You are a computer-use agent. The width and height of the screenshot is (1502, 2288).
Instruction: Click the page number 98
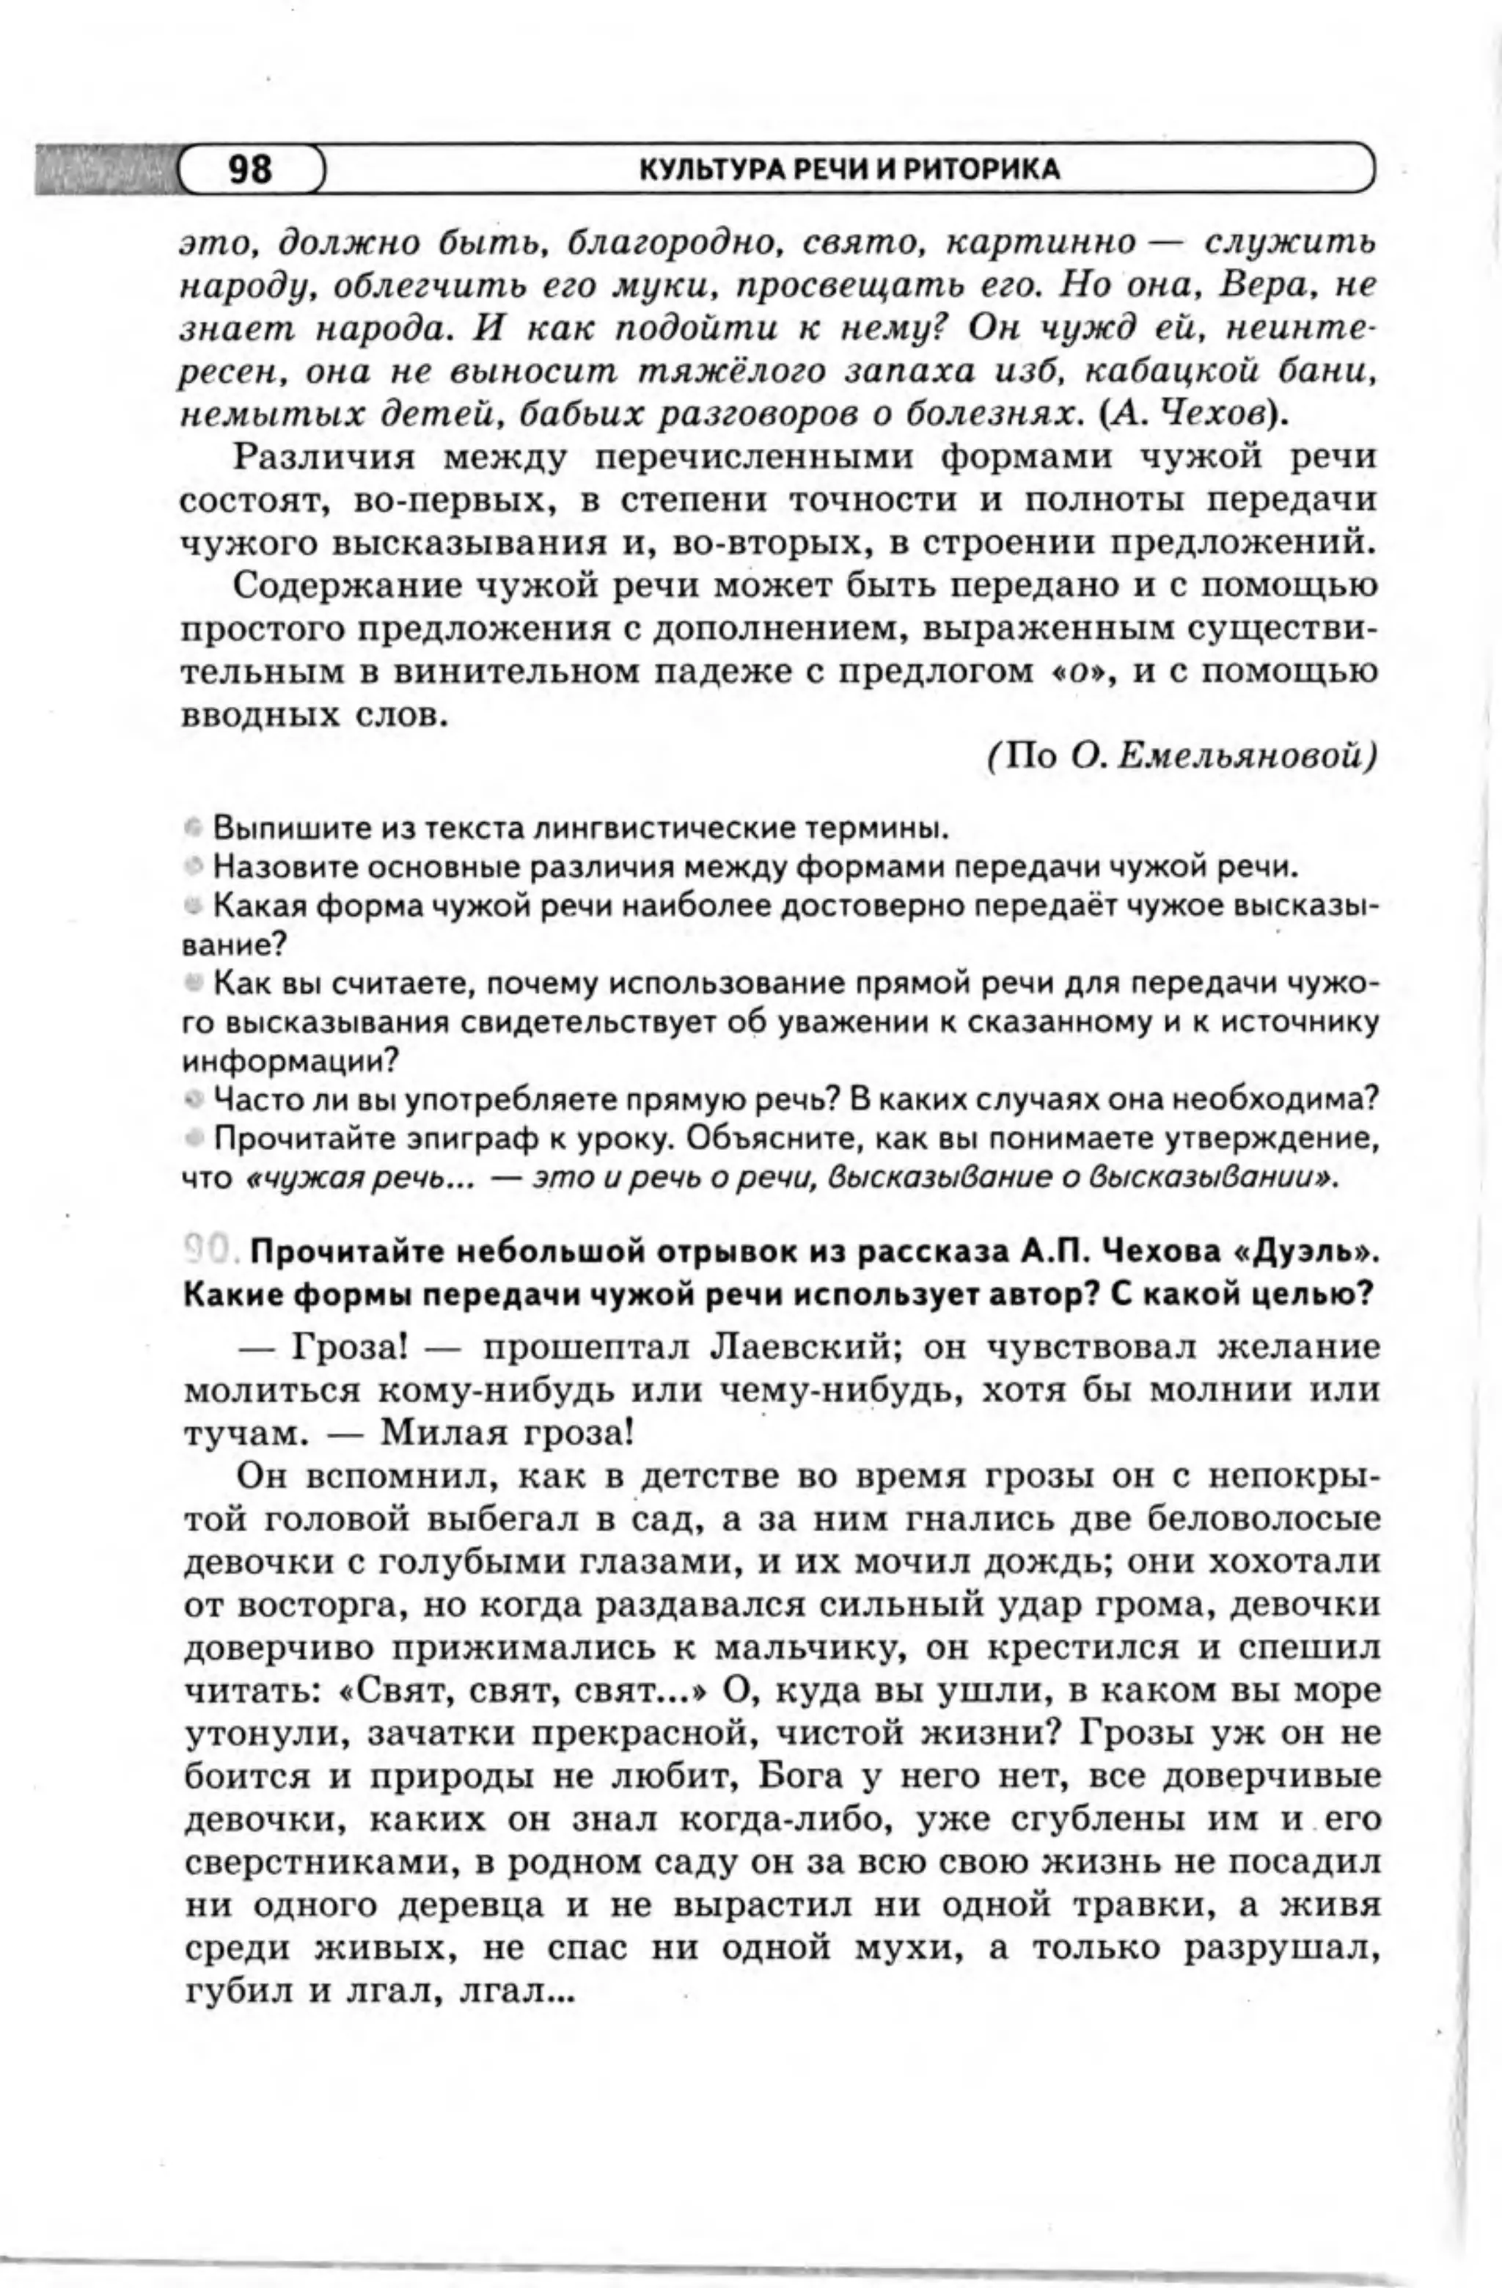click(x=250, y=169)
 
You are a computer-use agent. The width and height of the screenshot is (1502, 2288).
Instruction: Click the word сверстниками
click(x=318, y=1862)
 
